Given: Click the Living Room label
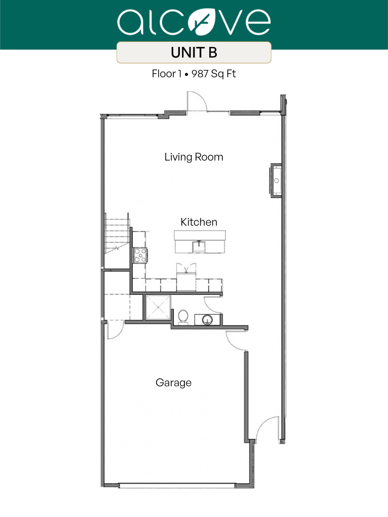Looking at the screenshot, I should click(x=193, y=157).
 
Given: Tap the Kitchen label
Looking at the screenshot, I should click(x=199, y=222).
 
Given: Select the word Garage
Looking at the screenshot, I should click(x=173, y=383).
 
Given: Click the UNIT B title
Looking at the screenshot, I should click(x=194, y=53).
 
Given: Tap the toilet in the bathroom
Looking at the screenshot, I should click(x=183, y=317).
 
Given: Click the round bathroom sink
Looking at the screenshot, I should click(x=207, y=320).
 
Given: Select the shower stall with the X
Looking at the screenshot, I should click(x=158, y=307).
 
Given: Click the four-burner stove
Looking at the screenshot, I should click(x=139, y=255).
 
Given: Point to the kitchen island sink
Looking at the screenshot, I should click(x=200, y=246).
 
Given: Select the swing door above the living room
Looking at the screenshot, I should click(x=197, y=101).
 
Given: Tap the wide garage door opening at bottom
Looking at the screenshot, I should click(x=177, y=486).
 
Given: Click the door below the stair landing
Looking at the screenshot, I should click(x=115, y=329).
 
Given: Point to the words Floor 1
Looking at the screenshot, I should click(x=167, y=74).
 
